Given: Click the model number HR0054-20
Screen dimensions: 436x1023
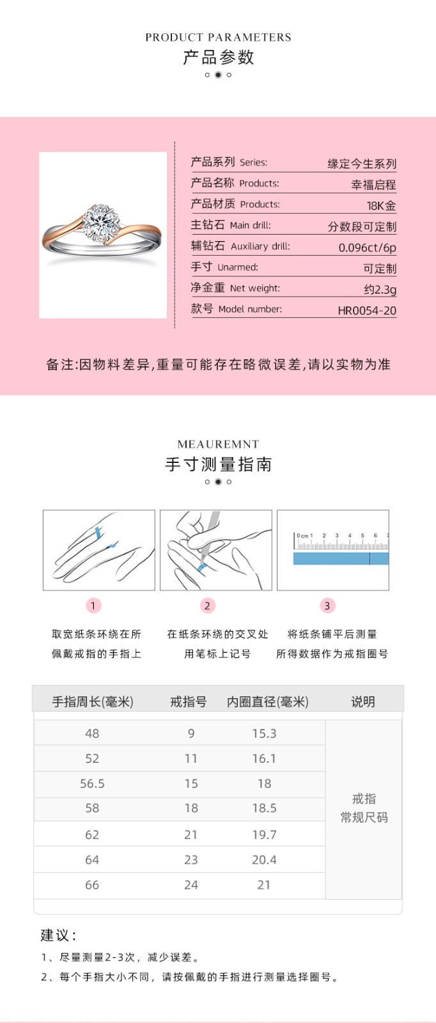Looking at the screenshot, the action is click(x=367, y=311).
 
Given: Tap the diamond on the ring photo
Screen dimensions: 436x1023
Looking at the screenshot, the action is click(x=100, y=222).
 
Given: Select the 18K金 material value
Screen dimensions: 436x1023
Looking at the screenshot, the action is click(x=381, y=205).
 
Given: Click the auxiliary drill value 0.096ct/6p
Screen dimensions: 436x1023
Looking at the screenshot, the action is click(x=367, y=247).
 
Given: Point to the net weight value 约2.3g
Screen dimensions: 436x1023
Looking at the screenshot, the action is click(x=380, y=290).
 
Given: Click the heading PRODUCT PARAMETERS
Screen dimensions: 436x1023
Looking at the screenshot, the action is click(x=218, y=38).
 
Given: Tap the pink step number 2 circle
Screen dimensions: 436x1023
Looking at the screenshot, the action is click(x=207, y=605).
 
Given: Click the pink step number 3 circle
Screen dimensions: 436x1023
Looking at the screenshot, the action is click(x=327, y=605).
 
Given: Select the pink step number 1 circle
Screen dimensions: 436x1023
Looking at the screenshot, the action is click(x=93, y=605).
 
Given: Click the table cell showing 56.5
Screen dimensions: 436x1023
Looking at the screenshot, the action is click(x=92, y=784).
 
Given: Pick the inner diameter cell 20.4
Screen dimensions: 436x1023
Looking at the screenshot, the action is click(x=264, y=860).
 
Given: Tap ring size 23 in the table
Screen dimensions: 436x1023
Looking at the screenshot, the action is click(x=191, y=860).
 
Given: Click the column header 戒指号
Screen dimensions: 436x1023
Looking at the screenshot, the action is click(x=189, y=701).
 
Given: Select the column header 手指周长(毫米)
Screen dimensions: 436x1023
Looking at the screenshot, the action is click(x=93, y=701).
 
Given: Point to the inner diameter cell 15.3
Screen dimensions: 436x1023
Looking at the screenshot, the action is click(x=264, y=733).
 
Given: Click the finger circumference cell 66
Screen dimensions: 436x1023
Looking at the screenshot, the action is click(x=92, y=885).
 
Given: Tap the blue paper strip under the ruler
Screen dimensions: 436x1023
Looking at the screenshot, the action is click(x=341, y=559).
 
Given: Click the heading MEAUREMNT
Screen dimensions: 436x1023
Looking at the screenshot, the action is click(x=218, y=444).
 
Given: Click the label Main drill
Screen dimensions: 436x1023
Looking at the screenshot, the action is click(x=250, y=226).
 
